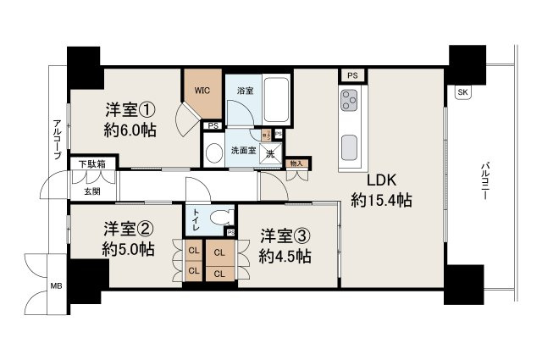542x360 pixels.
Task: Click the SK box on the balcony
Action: point(462,91)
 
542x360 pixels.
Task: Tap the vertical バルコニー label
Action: point(485,180)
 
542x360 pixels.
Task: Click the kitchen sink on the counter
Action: point(349,147)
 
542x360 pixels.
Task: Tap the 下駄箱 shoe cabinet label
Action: point(93,163)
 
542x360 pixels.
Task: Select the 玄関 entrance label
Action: point(91,192)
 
